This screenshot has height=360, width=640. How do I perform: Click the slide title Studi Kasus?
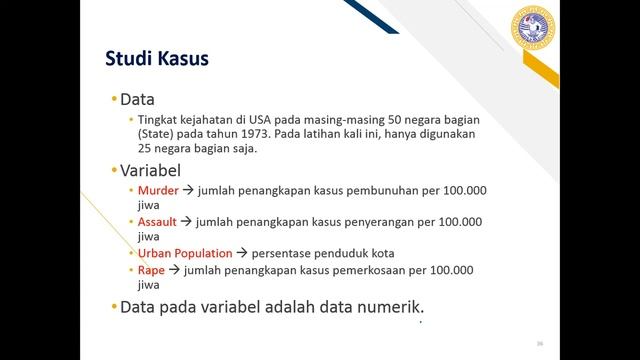[157, 59]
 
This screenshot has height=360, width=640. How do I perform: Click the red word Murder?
[158, 190]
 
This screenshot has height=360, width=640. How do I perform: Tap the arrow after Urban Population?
[243, 254]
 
